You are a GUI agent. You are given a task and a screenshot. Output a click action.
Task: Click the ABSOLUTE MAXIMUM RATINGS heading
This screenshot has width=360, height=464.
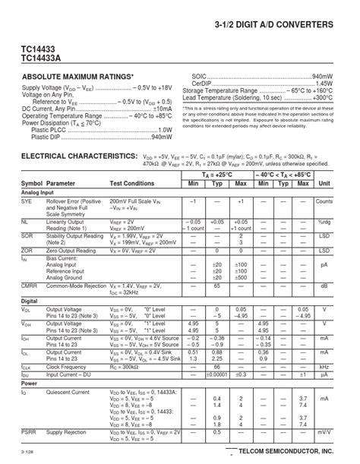77,77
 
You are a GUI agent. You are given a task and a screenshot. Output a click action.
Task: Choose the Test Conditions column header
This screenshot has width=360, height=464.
132,184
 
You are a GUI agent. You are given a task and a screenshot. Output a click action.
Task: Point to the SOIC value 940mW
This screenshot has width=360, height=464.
323,77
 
